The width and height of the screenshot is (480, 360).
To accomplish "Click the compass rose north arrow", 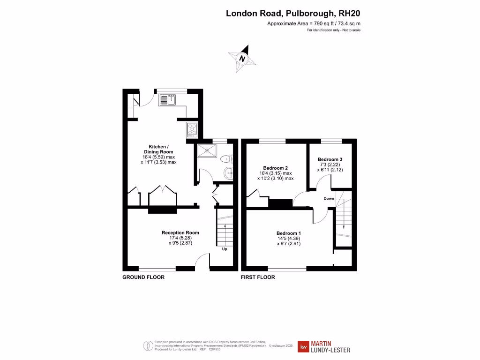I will (242, 59).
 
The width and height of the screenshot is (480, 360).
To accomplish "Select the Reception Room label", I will (180, 232).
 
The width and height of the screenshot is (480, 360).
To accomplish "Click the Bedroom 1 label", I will (288, 233).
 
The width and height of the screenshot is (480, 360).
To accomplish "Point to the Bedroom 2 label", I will (275, 168).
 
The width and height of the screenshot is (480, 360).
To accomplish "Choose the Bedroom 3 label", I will (330, 159).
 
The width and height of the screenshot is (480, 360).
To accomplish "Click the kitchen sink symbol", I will (167, 99).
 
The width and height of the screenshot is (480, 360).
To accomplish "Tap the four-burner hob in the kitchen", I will (192, 129).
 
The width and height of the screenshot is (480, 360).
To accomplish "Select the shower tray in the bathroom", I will (206, 150).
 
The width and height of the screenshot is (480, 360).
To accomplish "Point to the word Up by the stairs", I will (225, 249).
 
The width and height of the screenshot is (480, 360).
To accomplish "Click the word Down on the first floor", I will (329, 198).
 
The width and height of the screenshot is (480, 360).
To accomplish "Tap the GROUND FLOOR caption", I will (143, 277).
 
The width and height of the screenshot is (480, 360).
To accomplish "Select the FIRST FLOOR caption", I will (258, 277).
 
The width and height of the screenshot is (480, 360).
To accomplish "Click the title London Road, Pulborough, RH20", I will (293, 13).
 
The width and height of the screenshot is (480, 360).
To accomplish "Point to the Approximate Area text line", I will (314, 23).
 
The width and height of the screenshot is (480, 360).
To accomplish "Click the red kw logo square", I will (304, 347).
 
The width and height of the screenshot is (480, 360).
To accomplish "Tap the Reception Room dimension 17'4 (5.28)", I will (180, 238).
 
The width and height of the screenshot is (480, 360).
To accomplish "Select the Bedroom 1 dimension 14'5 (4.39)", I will (288, 239).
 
